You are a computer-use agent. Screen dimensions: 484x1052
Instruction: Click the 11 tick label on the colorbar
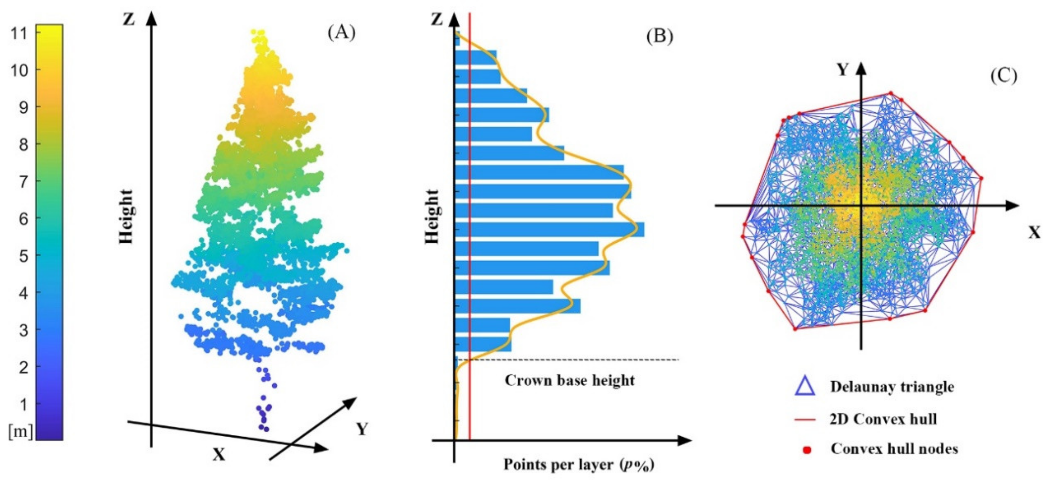pos(19,33)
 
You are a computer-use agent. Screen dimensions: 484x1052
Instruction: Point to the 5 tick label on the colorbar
pos(24,256)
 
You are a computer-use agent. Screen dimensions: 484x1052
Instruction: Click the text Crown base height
pos(570,380)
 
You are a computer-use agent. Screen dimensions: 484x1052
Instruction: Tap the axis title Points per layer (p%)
pos(579,465)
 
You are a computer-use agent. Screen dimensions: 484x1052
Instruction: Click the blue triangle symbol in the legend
pos(805,386)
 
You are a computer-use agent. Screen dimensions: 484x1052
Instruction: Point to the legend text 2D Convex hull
pos(883,419)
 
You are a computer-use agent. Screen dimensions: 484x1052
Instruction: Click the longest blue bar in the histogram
pos(549,230)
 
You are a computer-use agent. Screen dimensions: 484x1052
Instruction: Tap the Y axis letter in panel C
pos(842,70)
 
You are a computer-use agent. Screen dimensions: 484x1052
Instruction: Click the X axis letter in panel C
pos(1034,233)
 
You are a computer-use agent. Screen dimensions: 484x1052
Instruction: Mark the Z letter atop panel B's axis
pos(437,19)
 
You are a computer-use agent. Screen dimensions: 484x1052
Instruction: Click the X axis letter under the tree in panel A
pos(219,454)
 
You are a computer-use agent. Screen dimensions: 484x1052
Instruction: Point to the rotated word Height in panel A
pos(126,216)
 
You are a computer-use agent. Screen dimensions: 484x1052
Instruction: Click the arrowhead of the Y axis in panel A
pos(351,402)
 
